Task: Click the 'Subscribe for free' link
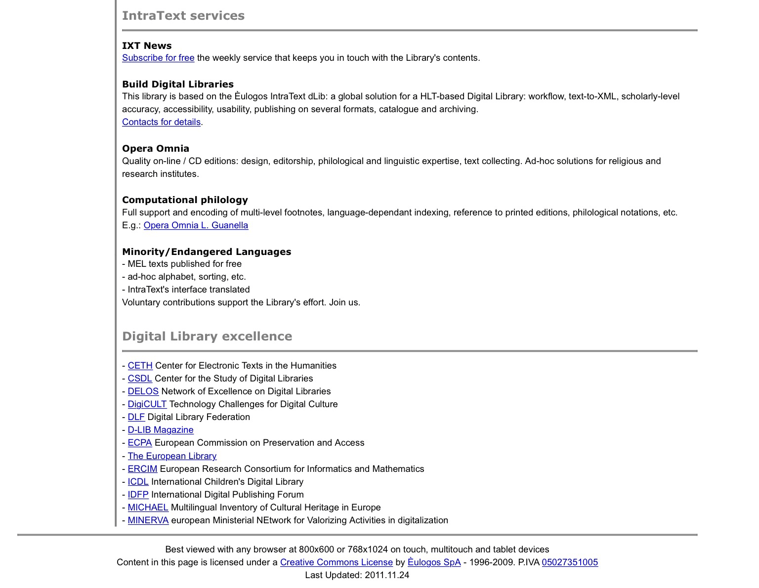click(x=158, y=58)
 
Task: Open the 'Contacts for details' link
click(x=161, y=122)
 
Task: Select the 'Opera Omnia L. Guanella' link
click(x=196, y=225)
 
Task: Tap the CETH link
click(x=140, y=366)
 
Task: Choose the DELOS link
click(x=143, y=391)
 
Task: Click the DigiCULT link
click(x=147, y=404)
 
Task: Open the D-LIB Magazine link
click(x=161, y=430)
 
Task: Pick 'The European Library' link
click(x=172, y=456)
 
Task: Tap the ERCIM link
click(x=142, y=469)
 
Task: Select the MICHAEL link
click(x=148, y=507)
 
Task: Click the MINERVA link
click(x=148, y=520)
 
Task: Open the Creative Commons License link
click(x=336, y=562)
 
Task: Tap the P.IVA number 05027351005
click(x=570, y=562)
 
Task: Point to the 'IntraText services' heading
click(x=183, y=16)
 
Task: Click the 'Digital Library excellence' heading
click(x=207, y=336)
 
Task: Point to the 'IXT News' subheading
click(x=147, y=46)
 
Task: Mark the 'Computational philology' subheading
click(x=185, y=200)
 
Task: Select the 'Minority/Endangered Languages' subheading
click(x=207, y=252)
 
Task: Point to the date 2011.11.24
click(x=387, y=575)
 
